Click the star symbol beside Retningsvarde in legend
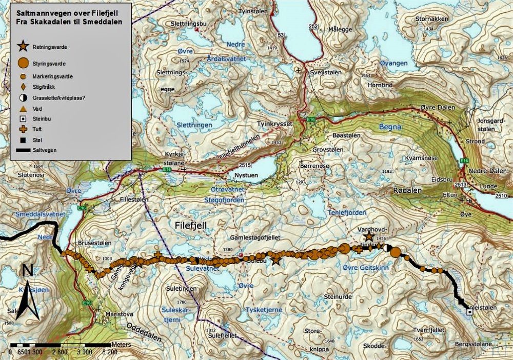(x=23, y=47)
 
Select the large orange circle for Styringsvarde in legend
(x=23, y=64)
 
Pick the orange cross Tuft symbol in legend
(x=23, y=129)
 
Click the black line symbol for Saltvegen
(x=23, y=150)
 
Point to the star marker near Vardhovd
(x=368, y=236)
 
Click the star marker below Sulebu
(x=276, y=260)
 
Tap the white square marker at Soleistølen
(x=469, y=311)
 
